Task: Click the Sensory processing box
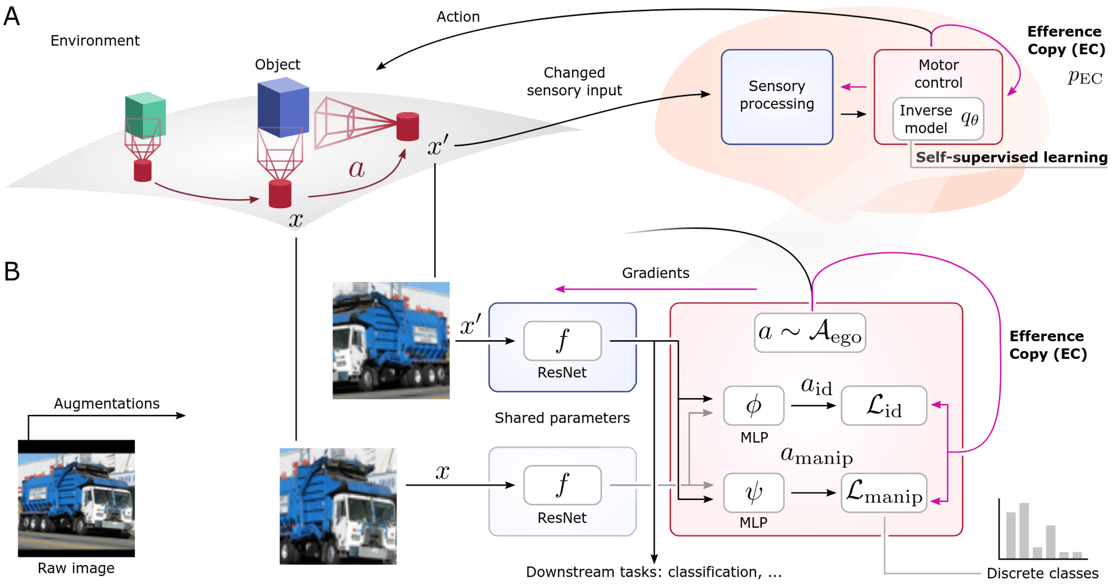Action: click(777, 97)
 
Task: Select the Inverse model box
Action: click(938, 119)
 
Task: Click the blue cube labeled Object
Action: click(283, 107)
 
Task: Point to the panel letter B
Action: click(12, 271)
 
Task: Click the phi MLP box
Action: click(753, 405)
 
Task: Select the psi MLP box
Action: click(753, 492)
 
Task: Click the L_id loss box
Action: click(884, 405)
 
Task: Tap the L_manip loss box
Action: click(884, 492)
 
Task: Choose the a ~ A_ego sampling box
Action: click(810, 332)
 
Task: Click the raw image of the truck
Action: click(77, 498)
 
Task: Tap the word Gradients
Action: click(655, 273)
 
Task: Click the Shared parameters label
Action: click(562, 418)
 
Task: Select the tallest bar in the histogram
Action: click(1024, 530)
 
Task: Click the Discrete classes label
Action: click(1042, 573)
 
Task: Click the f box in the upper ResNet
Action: click(562, 340)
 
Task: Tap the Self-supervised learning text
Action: click(1011, 157)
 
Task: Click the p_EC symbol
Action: click(1084, 78)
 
